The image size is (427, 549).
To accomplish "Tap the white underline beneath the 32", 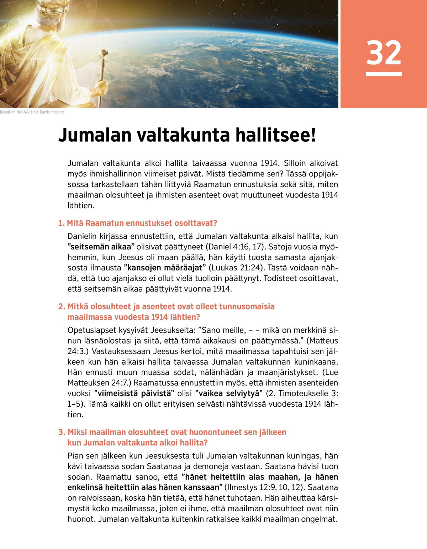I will (384, 74).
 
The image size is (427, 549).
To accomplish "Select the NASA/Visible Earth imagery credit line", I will (32, 112).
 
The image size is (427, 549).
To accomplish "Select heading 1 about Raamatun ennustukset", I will (137, 223).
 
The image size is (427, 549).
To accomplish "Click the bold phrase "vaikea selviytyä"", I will (229, 394).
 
